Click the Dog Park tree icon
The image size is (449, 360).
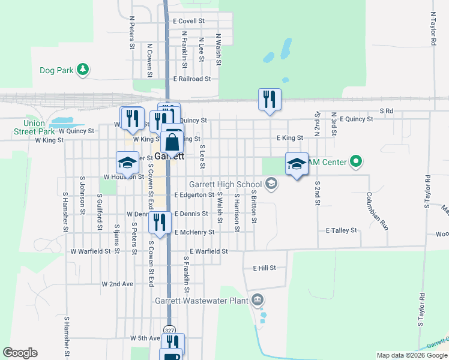pyautogui.click(x=83, y=70)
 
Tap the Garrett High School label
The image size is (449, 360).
pyautogui.click(x=225, y=184)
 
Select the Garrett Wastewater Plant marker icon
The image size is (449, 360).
pyautogui.click(x=258, y=299)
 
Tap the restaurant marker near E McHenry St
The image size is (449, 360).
pyautogui.click(x=160, y=222)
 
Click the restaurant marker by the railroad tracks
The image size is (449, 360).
pyautogui.click(x=269, y=99)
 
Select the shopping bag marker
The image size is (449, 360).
pyautogui.click(x=172, y=142)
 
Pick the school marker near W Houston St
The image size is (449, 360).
pyautogui.click(x=127, y=162)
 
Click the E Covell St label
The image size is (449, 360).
pyautogui.click(x=189, y=21)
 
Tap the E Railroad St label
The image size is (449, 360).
pyautogui.click(x=192, y=79)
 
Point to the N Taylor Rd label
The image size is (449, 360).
pyautogui.click(x=432, y=28)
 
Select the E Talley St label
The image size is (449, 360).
pyautogui.click(x=342, y=230)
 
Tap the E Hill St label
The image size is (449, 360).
pyautogui.click(x=264, y=268)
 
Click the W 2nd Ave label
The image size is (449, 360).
pyautogui.click(x=117, y=284)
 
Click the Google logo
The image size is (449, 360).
pyautogui.click(x=20, y=353)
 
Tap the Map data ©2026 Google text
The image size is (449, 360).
pyautogui.click(x=411, y=355)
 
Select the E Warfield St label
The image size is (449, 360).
pyautogui.click(x=208, y=251)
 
